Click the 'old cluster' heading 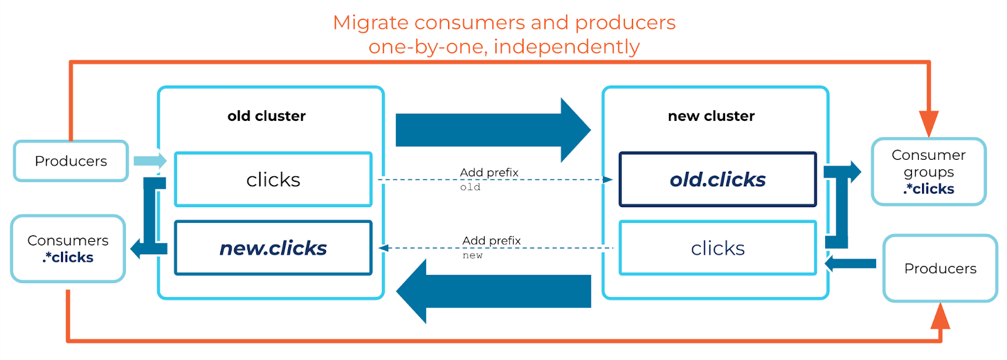[x=266, y=116]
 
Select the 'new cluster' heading [x=711, y=116]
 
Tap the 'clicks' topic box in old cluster [x=273, y=179]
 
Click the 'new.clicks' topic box [x=273, y=248]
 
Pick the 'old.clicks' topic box [x=717, y=179]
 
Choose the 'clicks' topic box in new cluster [x=717, y=248]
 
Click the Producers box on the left [x=70, y=161]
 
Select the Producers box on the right [x=940, y=269]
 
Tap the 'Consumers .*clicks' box [x=68, y=249]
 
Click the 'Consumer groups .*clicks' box [x=928, y=172]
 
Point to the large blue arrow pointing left [x=493, y=291]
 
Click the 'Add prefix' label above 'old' [x=489, y=172]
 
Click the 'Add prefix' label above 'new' [x=492, y=240]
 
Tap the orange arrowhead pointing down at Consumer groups [x=928, y=122]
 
